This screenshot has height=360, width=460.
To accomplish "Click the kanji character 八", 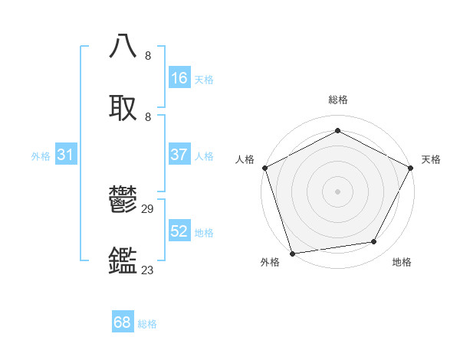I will pyautogui.click(x=123, y=47).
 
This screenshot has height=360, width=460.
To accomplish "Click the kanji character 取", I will pyautogui.click(x=123, y=108).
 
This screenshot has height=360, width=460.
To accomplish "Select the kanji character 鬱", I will pyautogui.click(x=123, y=201).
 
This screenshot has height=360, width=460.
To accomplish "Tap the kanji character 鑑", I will pyautogui.click(x=123, y=261).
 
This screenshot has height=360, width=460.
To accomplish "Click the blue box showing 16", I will pyautogui.click(x=179, y=78).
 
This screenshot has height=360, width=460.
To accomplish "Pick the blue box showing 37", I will pyautogui.click(x=179, y=155).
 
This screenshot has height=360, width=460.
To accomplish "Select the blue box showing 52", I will pyautogui.click(x=179, y=231).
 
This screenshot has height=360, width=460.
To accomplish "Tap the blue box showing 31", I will pyautogui.click(x=66, y=155).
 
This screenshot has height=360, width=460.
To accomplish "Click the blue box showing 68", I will pyautogui.click(x=123, y=322).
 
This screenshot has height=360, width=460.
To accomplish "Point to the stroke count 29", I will pyautogui.click(x=148, y=209).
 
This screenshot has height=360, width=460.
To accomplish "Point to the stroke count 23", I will pyautogui.click(x=148, y=270).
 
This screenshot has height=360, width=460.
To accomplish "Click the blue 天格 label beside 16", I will pyautogui.click(x=204, y=79).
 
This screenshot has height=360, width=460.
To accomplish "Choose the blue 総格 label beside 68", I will pyautogui.click(x=147, y=324).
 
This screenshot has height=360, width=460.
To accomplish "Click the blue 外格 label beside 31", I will pyautogui.click(x=41, y=155).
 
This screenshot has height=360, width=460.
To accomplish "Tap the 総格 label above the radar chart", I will pyautogui.click(x=337, y=100).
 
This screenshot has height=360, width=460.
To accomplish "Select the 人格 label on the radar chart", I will pyautogui.click(x=245, y=159).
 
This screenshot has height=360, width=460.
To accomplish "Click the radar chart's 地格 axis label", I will pyautogui.click(x=402, y=262).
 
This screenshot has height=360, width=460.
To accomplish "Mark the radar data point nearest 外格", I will pyautogui.click(x=292, y=253).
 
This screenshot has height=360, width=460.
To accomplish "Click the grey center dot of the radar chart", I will pyautogui.click(x=337, y=191).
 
